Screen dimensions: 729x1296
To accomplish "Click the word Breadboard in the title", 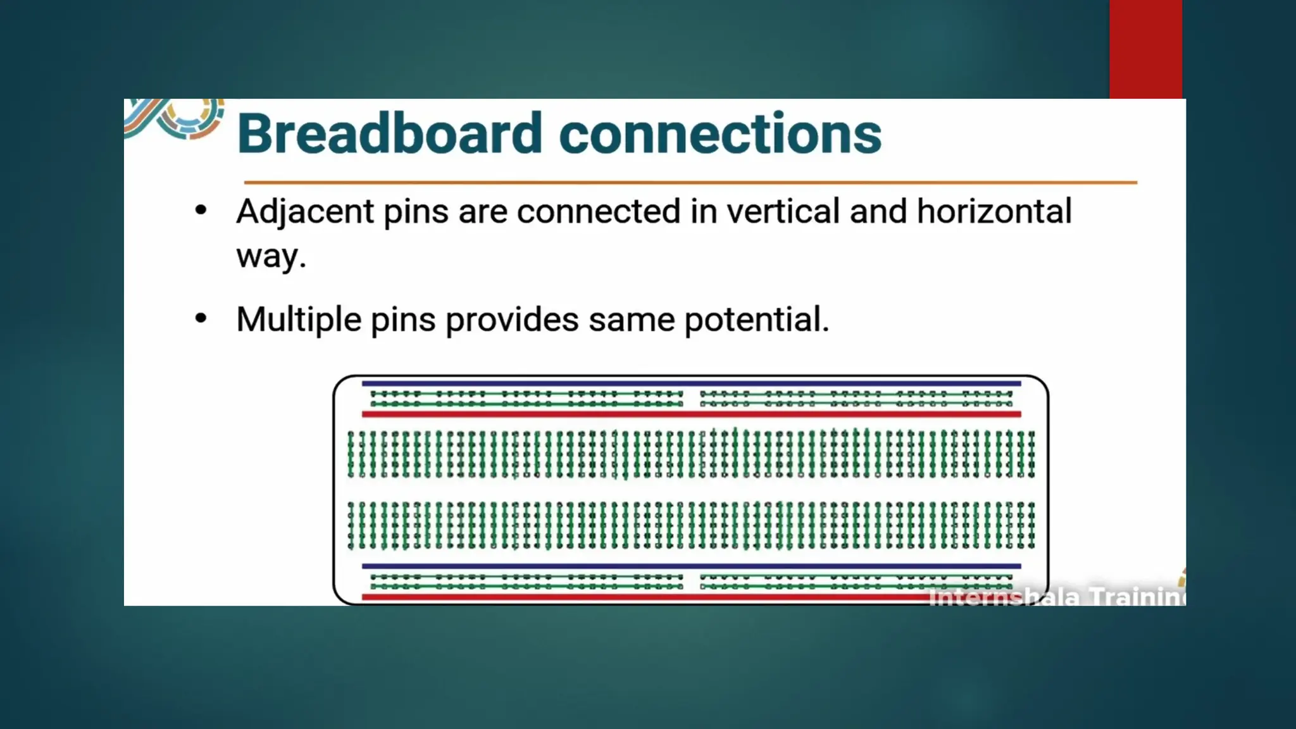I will click(389, 134).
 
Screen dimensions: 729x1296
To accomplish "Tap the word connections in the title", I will click(720, 134).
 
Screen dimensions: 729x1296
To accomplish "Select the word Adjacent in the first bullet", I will click(304, 211).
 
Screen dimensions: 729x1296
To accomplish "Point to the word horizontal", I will click(994, 211).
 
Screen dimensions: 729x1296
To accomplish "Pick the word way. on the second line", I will click(271, 256).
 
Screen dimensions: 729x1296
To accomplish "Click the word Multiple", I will click(299, 319).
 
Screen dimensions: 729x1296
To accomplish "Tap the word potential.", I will click(756, 319).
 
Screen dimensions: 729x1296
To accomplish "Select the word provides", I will click(512, 319).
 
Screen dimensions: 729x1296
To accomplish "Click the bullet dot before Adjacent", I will click(201, 211).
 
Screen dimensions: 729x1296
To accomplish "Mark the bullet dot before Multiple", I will click(201, 318).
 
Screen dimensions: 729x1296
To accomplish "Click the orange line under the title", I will click(690, 182).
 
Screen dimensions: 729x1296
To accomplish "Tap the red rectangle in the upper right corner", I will click(1145, 49).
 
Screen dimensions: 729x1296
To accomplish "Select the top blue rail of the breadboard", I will click(691, 383).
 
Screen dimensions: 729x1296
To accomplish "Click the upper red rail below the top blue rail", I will click(691, 414).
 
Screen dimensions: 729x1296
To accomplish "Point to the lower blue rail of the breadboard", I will click(691, 566).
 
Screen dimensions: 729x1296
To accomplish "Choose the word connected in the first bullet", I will click(598, 211).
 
